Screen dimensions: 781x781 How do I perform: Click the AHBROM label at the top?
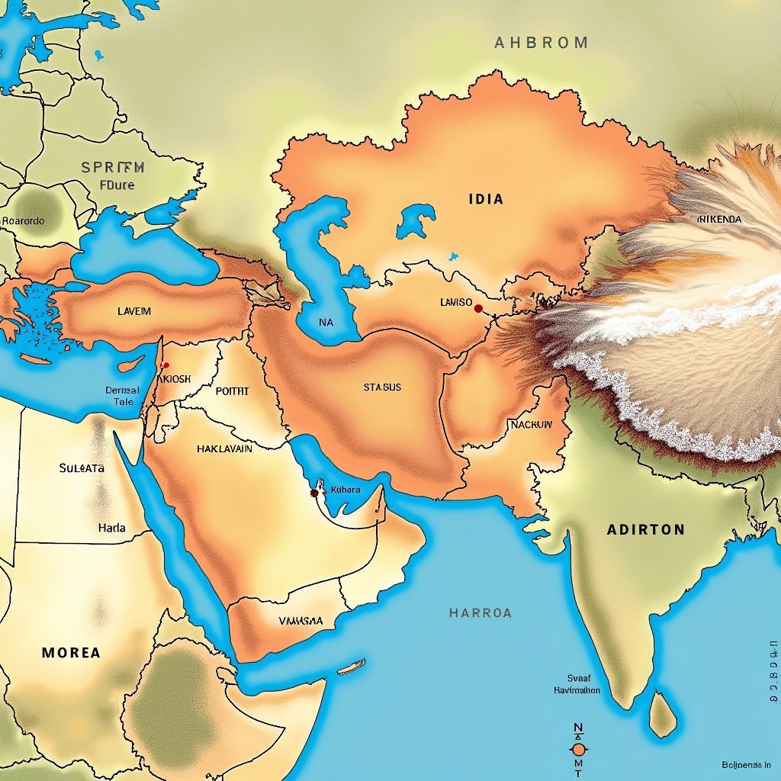pos(542,43)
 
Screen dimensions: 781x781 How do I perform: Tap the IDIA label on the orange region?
pos(485,199)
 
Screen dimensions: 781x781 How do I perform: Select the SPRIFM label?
pos(112,168)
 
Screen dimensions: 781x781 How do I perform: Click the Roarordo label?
pos(23,221)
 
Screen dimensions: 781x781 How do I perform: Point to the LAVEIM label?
pos(134,311)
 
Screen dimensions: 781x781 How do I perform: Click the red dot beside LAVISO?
pos(478,309)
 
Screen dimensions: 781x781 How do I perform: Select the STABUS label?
pos(382,387)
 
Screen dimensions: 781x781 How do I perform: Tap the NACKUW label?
pos(531,425)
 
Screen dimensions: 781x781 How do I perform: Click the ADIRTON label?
pos(645,529)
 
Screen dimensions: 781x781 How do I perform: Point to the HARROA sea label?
pos(480,612)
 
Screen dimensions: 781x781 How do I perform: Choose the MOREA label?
pos(71,653)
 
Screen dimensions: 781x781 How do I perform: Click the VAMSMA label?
pos(301,621)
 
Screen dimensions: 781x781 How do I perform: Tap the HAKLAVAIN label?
pos(224,449)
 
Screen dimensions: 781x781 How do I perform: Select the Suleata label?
pos(82,468)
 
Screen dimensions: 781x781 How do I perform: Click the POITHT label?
pos(232,391)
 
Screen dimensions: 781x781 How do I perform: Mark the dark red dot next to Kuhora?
pos(314,493)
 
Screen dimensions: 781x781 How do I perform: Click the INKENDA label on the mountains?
pos(718,219)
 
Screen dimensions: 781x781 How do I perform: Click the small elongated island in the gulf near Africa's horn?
pos(351,667)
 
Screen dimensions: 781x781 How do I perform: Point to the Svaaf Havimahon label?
pos(577,683)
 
